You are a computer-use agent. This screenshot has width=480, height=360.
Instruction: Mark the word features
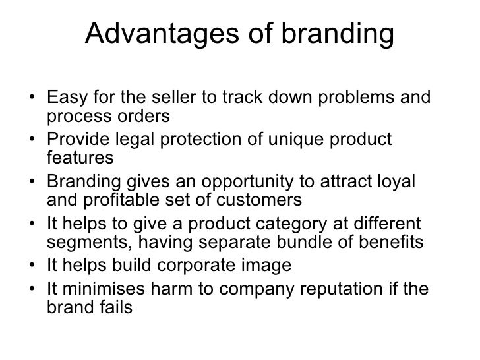tap(81, 159)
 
